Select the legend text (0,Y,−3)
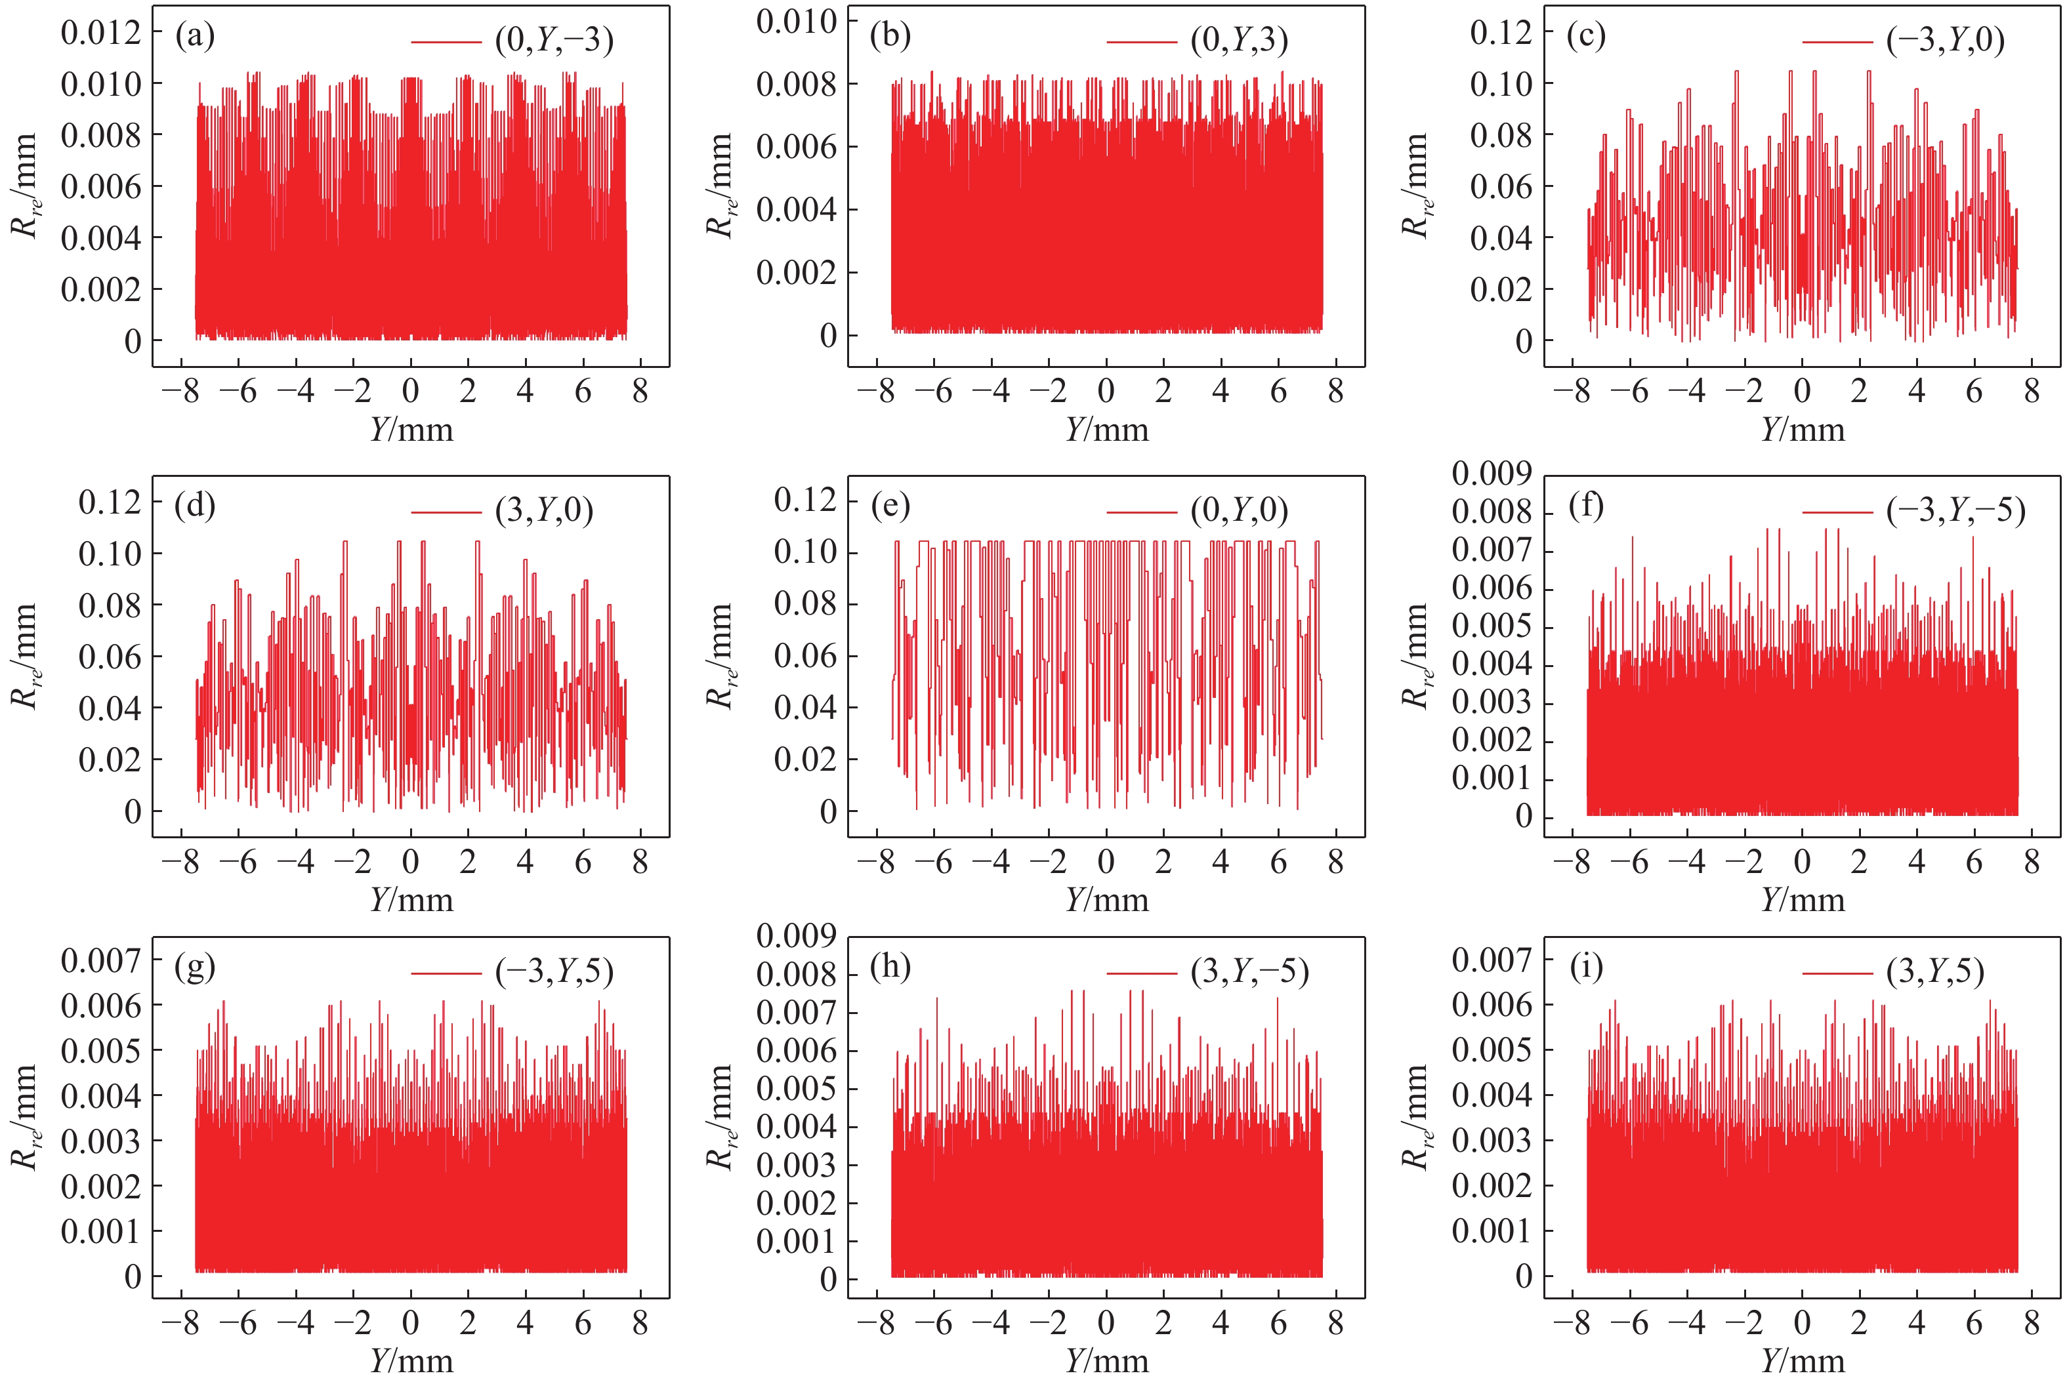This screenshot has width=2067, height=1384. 554,41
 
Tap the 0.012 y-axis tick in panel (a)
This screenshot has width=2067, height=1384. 100,33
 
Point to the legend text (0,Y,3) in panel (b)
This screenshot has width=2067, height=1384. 1239,41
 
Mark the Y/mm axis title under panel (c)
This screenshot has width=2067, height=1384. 1803,430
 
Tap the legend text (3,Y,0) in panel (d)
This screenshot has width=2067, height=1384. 544,510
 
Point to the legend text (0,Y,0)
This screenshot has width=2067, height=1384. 1239,510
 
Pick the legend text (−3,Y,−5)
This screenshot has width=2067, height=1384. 1955,510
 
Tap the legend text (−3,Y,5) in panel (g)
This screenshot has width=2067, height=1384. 554,972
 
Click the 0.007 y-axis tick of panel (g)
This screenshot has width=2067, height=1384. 100,960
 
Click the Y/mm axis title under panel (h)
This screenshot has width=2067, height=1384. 1107,1361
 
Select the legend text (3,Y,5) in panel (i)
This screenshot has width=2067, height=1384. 1936,972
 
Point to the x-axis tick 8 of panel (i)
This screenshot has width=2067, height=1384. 2032,1323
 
